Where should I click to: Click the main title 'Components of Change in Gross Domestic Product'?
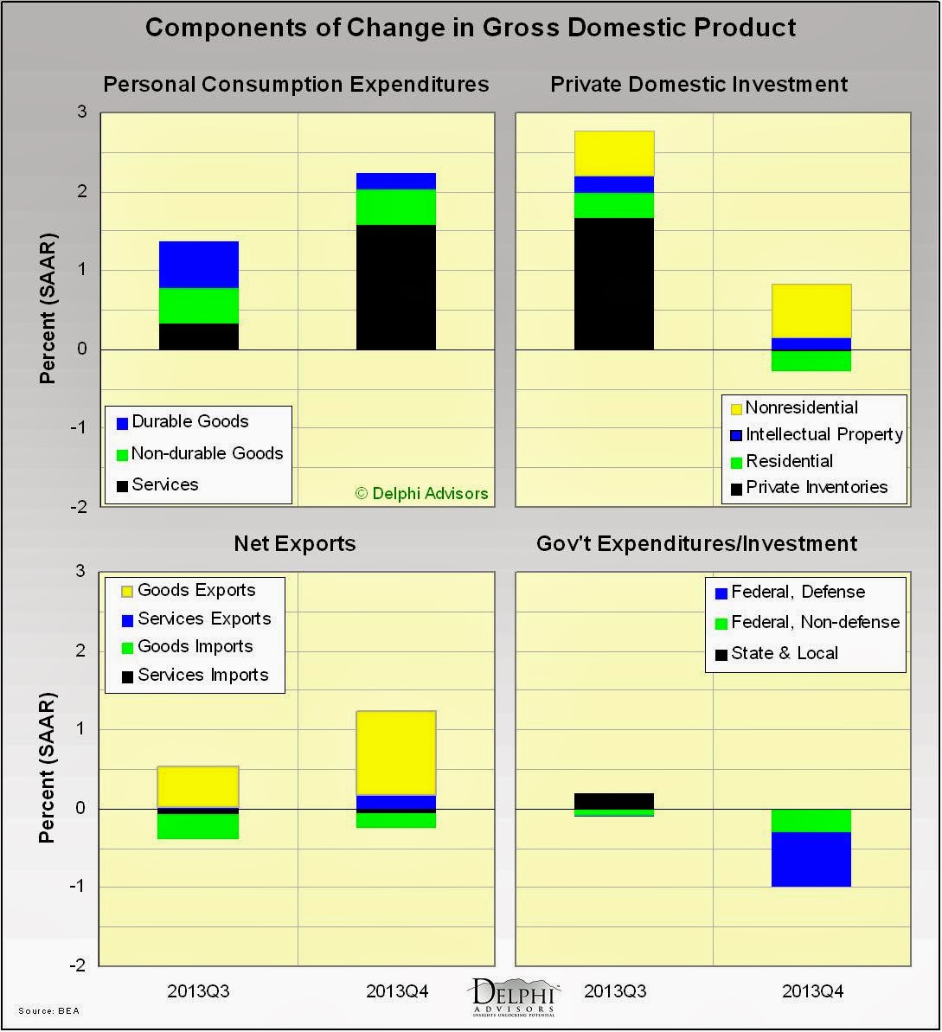(471, 28)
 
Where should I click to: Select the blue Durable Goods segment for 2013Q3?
(198, 265)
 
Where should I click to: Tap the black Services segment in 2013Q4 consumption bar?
(395, 287)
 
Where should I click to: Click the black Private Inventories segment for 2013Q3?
(613, 284)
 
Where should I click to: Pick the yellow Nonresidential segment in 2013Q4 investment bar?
(811, 311)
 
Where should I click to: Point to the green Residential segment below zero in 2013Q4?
(811, 361)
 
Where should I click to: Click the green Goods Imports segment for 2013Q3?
(198, 826)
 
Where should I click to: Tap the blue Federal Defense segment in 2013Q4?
(811, 859)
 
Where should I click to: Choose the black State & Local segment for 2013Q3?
(613, 801)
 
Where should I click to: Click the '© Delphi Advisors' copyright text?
(422, 493)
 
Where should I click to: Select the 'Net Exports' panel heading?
(294, 543)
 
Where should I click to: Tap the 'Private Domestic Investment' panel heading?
(699, 84)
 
